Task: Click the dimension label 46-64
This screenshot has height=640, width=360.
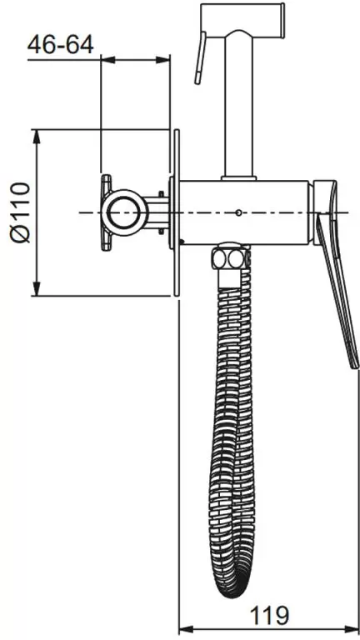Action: point(60,44)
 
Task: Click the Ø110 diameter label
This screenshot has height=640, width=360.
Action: point(20,212)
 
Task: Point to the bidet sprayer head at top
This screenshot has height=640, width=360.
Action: point(242,20)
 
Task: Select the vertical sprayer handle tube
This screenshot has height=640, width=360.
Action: point(239,107)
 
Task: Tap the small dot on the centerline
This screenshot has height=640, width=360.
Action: point(239,212)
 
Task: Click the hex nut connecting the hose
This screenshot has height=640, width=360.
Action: point(230,257)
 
